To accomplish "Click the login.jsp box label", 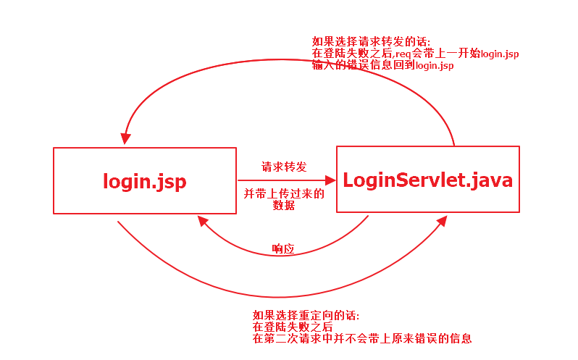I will pyautogui.click(x=145, y=181).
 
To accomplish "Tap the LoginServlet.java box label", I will pyautogui.click(x=427, y=179).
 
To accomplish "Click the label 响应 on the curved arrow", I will pyautogui.click(x=283, y=248).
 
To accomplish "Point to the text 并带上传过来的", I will pyautogui.click(x=284, y=193).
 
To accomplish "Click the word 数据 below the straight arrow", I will pyautogui.click(x=284, y=205).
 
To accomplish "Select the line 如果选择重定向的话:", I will pyautogui.click(x=306, y=316).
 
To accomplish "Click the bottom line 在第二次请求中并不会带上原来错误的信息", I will pyautogui.click(x=362, y=338).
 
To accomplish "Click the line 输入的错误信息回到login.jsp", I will pyautogui.click(x=383, y=66).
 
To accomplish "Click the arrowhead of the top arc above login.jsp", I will pyautogui.click(x=126, y=138).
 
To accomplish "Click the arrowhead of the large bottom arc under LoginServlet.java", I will pyautogui.click(x=442, y=219).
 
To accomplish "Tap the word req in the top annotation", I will pyautogui.click(x=404, y=54).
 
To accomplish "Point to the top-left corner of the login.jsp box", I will pyautogui.click(x=54, y=148).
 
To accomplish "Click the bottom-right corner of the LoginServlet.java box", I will pyautogui.click(x=519, y=212).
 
